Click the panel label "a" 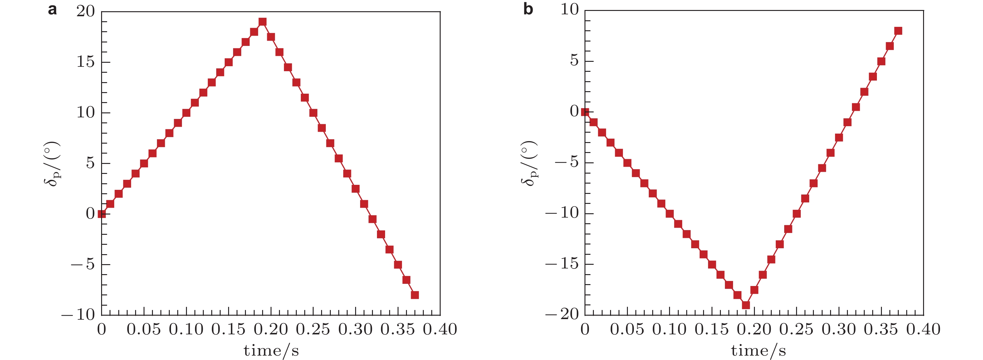tap(53, 10)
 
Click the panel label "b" tap(528, 9)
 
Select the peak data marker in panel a tap(262, 22)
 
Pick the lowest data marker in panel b tap(746, 305)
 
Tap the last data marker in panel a tap(415, 295)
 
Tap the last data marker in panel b tap(898, 31)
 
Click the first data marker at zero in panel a tap(101, 214)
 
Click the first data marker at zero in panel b tap(584, 112)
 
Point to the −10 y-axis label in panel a tap(78, 314)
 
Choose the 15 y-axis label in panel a tap(86, 62)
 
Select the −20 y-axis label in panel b tap(562, 314)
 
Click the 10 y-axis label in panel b tap(569, 10)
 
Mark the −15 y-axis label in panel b tap(562, 264)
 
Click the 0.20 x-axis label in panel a tap(271, 329)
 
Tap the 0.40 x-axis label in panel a tap(440, 329)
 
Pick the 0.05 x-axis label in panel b tap(627, 329)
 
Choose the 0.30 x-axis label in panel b tap(839, 329)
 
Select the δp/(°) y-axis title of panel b tap(529, 163)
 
